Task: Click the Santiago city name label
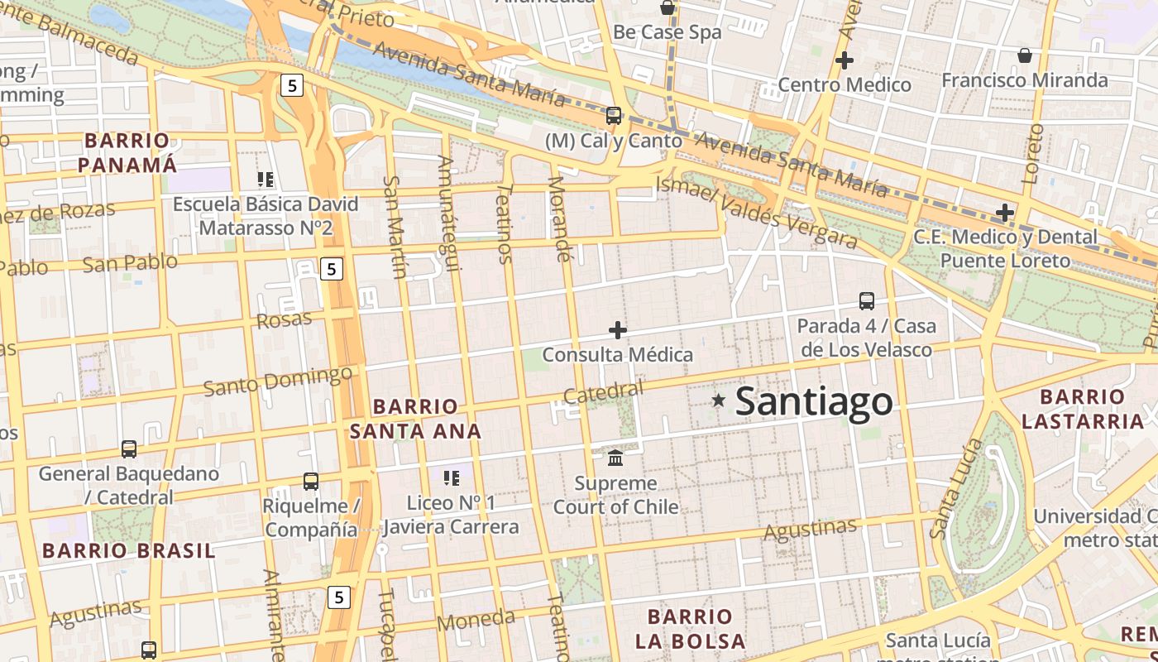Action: (x=814, y=401)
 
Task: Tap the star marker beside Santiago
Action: (x=719, y=401)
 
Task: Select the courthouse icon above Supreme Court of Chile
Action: (x=615, y=458)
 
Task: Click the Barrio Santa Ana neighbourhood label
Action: (x=415, y=419)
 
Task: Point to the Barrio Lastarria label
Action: (x=1083, y=409)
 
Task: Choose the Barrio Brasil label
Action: (x=129, y=550)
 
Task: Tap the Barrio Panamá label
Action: (x=127, y=152)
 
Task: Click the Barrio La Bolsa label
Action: (x=691, y=628)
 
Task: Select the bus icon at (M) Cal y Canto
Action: (x=614, y=116)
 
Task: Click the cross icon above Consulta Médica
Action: (x=618, y=330)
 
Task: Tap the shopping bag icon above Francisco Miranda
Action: (x=1025, y=55)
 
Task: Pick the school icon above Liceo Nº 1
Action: (x=451, y=477)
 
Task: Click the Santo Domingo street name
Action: (x=278, y=381)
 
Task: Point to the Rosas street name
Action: (x=285, y=319)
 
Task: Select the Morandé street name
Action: (x=561, y=218)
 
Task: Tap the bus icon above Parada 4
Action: (x=867, y=300)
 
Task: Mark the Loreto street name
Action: (x=1032, y=154)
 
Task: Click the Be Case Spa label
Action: (x=667, y=32)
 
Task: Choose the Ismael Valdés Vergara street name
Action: (x=756, y=213)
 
